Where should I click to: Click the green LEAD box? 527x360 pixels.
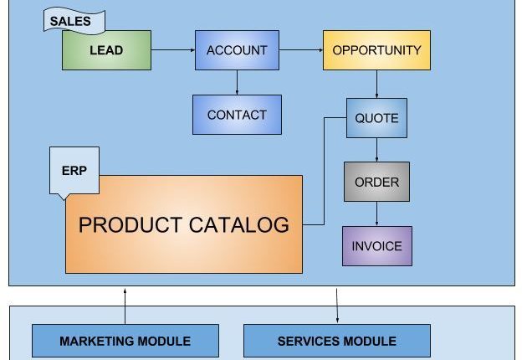(x=106, y=50)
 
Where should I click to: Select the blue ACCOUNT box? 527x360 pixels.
(x=237, y=50)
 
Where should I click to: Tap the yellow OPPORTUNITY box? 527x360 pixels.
(x=376, y=50)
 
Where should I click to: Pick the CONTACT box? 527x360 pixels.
(x=237, y=115)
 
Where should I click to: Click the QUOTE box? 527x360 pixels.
(x=376, y=118)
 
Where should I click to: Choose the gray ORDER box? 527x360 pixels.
(x=376, y=182)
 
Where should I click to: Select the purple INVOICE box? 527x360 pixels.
(x=376, y=246)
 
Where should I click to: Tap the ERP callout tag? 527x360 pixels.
(x=74, y=171)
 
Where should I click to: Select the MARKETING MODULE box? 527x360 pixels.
(x=125, y=341)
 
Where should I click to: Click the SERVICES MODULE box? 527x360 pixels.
(x=336, y=341)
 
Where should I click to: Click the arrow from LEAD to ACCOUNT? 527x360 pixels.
(x=172, y=50)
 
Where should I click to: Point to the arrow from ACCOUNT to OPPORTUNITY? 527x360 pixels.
(x=300, y=50)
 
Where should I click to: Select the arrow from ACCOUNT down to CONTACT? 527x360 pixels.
(x=237, y=82)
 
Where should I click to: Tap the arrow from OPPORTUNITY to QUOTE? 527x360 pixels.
(x=376, y=84)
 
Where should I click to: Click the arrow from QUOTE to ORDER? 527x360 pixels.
(x=376, y=149)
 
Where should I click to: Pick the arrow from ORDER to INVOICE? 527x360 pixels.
(x=376, y=213)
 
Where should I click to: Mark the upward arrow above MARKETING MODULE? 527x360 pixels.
(x=125, y=306)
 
